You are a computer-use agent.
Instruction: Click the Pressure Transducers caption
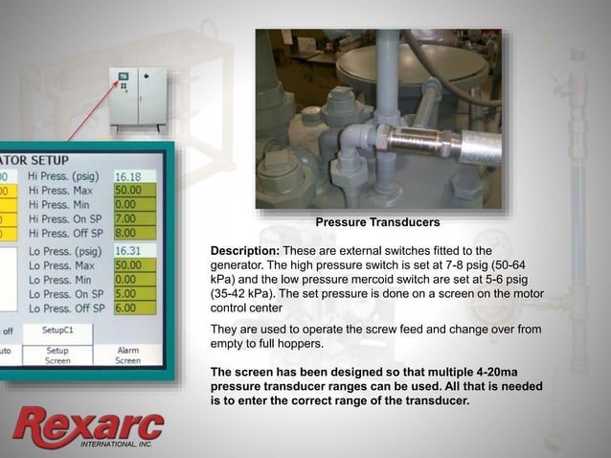tap(377, 222)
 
